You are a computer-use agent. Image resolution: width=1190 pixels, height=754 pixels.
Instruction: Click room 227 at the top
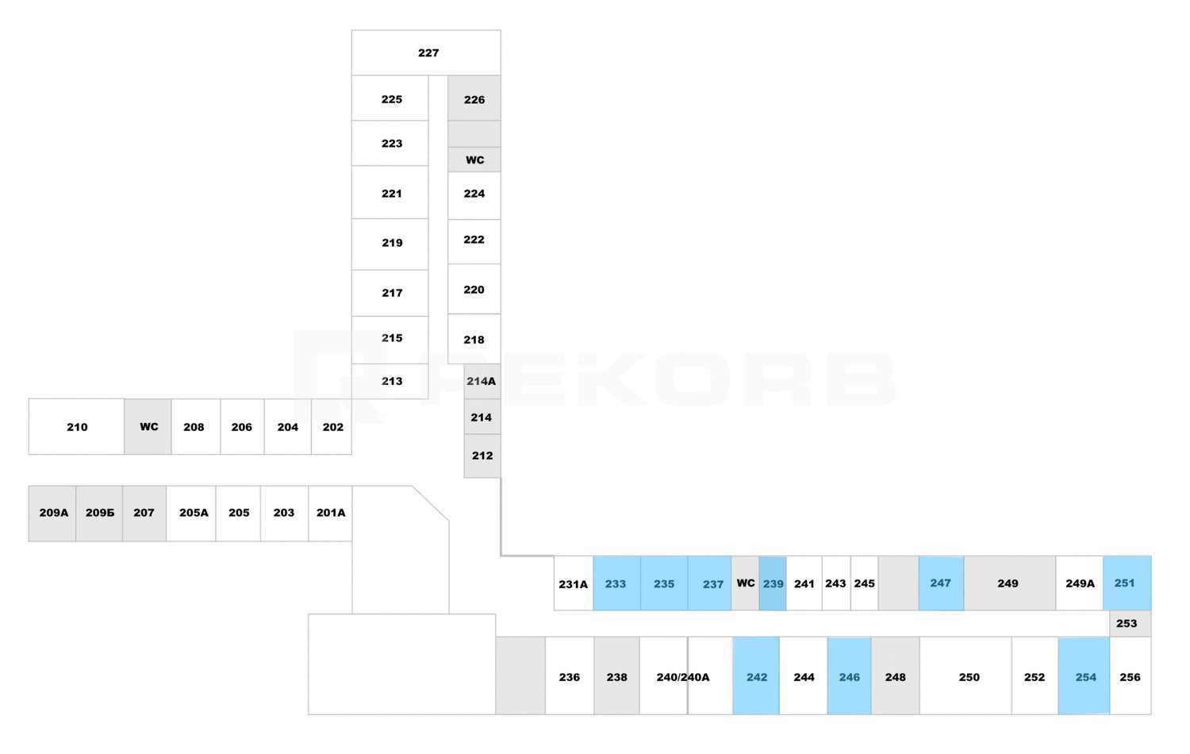pos(426,52)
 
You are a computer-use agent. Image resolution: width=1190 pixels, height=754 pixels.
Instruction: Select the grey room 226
pos(474,98)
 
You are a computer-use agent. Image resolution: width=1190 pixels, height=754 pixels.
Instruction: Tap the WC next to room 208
pos(148,427)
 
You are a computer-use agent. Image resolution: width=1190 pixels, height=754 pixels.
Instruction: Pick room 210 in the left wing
pos(76,427)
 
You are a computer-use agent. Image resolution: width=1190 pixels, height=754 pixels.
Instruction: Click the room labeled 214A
pos(482,382)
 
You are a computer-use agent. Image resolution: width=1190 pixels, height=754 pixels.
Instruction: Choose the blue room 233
pos(616,583)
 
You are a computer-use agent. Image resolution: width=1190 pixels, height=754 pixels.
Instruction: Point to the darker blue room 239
pos(773,583)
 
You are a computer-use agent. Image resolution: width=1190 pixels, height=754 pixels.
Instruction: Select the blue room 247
pos(942,583)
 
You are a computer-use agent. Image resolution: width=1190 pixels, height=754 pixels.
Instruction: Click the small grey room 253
pos(1130,624)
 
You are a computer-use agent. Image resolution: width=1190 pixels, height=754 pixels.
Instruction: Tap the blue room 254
pos(1084,676)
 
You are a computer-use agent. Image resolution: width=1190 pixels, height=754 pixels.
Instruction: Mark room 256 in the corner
pos(1130,676)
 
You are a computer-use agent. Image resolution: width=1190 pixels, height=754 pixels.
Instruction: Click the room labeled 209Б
pos(99,514)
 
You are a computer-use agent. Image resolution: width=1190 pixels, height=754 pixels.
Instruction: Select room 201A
pos(331,514)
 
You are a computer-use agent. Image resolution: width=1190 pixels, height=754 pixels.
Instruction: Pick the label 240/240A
pos(682,678)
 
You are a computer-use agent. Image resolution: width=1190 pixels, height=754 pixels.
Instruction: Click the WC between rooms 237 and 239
pos(746,583)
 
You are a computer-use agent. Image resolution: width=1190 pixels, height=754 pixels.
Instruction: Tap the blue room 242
pos(757,676)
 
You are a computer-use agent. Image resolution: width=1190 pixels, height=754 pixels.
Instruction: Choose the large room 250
pos(965,676)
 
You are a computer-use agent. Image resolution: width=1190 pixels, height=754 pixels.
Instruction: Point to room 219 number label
pos(392,243)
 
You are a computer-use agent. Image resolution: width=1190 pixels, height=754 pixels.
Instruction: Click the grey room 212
pos(482,456)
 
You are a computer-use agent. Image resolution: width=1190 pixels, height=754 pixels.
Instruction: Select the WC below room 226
pos(474,160)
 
